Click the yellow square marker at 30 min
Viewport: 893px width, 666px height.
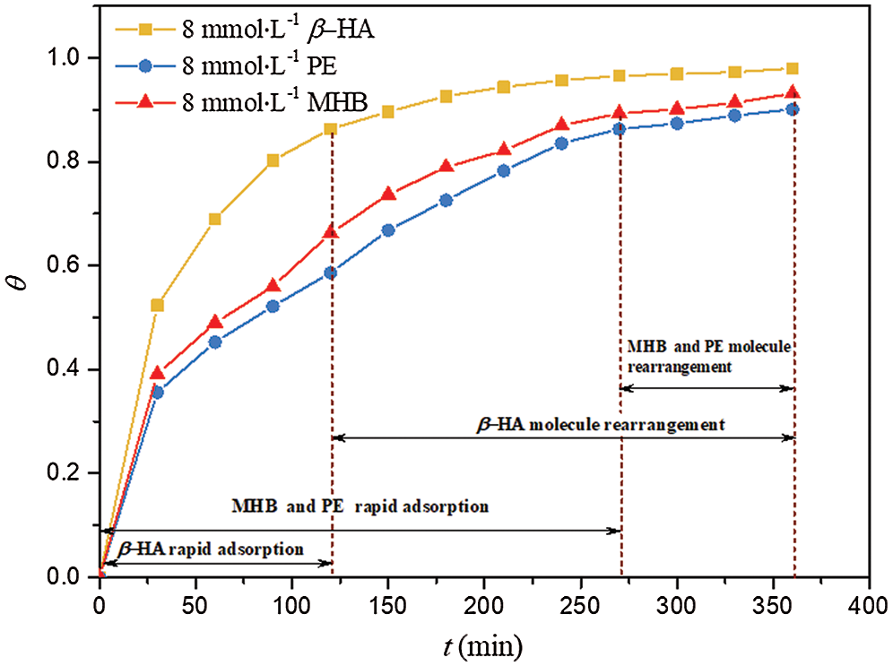(x=158, y=306)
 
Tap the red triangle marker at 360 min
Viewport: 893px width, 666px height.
(x=793, y=92)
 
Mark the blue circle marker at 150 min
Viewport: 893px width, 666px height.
(x=388, y=230)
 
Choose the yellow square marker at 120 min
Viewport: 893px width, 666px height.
(x=331, y=129)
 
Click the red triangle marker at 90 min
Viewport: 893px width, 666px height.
(x=273, y=285)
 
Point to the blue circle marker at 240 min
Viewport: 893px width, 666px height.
(x=561, y=143)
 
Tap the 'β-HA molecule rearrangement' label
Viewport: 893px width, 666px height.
(x=600, y=424)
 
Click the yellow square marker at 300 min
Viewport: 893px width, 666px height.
(x=677, y=74)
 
